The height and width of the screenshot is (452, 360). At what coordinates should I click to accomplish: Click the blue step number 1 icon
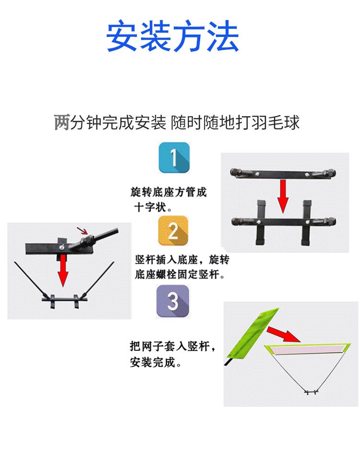174,158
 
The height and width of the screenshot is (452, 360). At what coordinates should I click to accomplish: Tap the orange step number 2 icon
173,231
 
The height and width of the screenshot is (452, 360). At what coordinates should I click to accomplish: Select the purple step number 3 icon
173,301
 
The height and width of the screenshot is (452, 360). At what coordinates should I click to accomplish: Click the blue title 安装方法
172,36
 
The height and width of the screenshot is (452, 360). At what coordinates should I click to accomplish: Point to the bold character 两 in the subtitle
62,122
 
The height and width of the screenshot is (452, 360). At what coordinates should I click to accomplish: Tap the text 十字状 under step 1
150,207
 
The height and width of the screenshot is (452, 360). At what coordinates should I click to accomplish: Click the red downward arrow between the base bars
283,196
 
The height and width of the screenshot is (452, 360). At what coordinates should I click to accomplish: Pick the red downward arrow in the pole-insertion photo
62,271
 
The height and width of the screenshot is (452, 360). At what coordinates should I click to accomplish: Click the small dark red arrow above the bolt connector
82,230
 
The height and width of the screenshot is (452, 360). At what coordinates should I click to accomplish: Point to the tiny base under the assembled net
312,392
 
